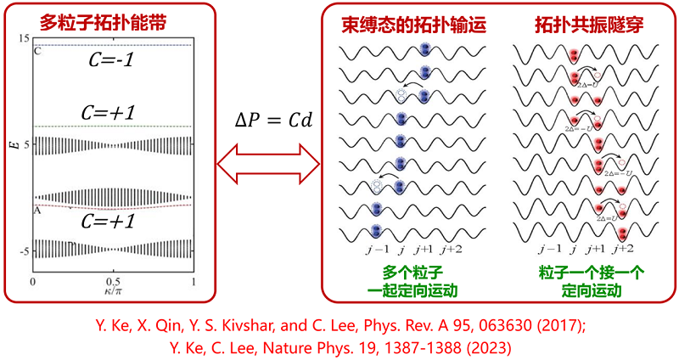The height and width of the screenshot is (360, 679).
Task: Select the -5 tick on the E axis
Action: click(24, 252)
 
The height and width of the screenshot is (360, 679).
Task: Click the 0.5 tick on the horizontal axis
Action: click(113, 282)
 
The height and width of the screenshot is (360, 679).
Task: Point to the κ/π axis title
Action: click(113, 292)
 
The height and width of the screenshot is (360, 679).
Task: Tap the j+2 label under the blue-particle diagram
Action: click(452, 250)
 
